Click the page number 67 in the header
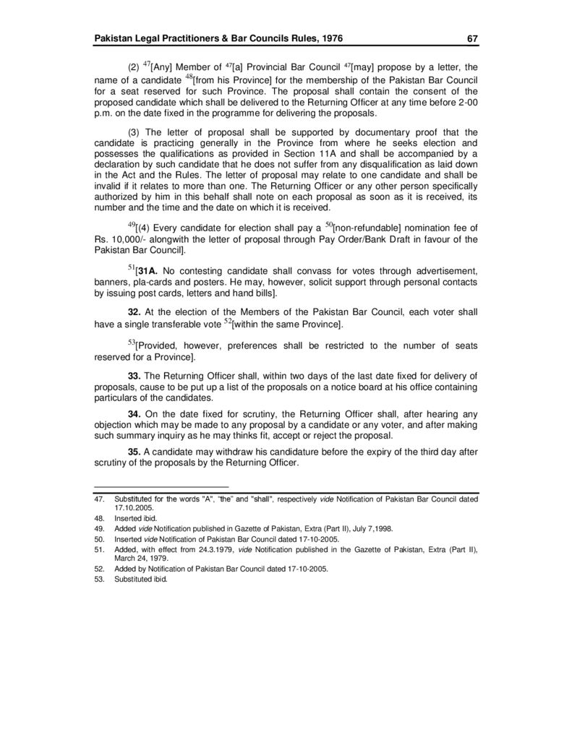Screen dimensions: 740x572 coord(471,38)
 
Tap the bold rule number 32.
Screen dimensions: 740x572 coord(134,311)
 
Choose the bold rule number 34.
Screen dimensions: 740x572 coord(134,414)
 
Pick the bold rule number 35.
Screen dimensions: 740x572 coord(134,452)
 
